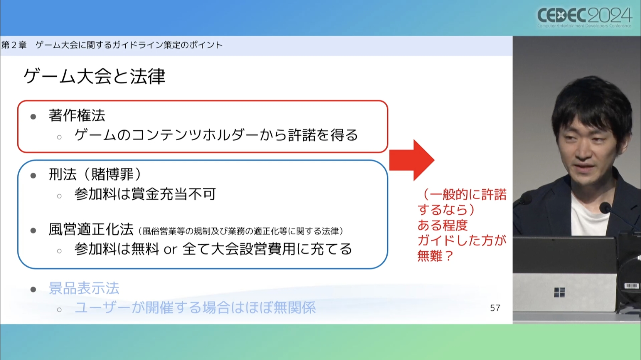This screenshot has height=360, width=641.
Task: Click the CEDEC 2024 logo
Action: click(x=585, y=17)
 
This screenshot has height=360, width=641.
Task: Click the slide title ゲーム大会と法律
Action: click(x=94, y=76)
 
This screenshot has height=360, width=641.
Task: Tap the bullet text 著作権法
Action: click(x=77, y=116)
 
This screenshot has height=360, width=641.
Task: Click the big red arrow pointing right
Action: click(x=412, y=160)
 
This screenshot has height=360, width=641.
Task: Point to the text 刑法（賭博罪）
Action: click(x=96, y=174)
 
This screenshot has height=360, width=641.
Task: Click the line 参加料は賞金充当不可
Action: click(x=145, y=194)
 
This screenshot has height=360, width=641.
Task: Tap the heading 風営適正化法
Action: click(x=91, y=229)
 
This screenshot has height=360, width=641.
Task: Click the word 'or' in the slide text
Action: click(x=170, y=249)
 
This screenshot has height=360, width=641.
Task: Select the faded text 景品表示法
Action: click(x=84, y=288)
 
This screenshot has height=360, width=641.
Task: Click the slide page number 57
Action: click(x=495, y=308)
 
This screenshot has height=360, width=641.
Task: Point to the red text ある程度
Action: click(x=442, y=225)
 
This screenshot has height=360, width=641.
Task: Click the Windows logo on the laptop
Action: click(x=559, y=292)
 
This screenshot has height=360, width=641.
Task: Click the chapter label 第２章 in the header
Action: click(x=14, y=45)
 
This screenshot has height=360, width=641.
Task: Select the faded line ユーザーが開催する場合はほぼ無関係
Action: click(x=195, y=308)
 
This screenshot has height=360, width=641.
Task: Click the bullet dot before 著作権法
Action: click(x=33, y=117)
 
